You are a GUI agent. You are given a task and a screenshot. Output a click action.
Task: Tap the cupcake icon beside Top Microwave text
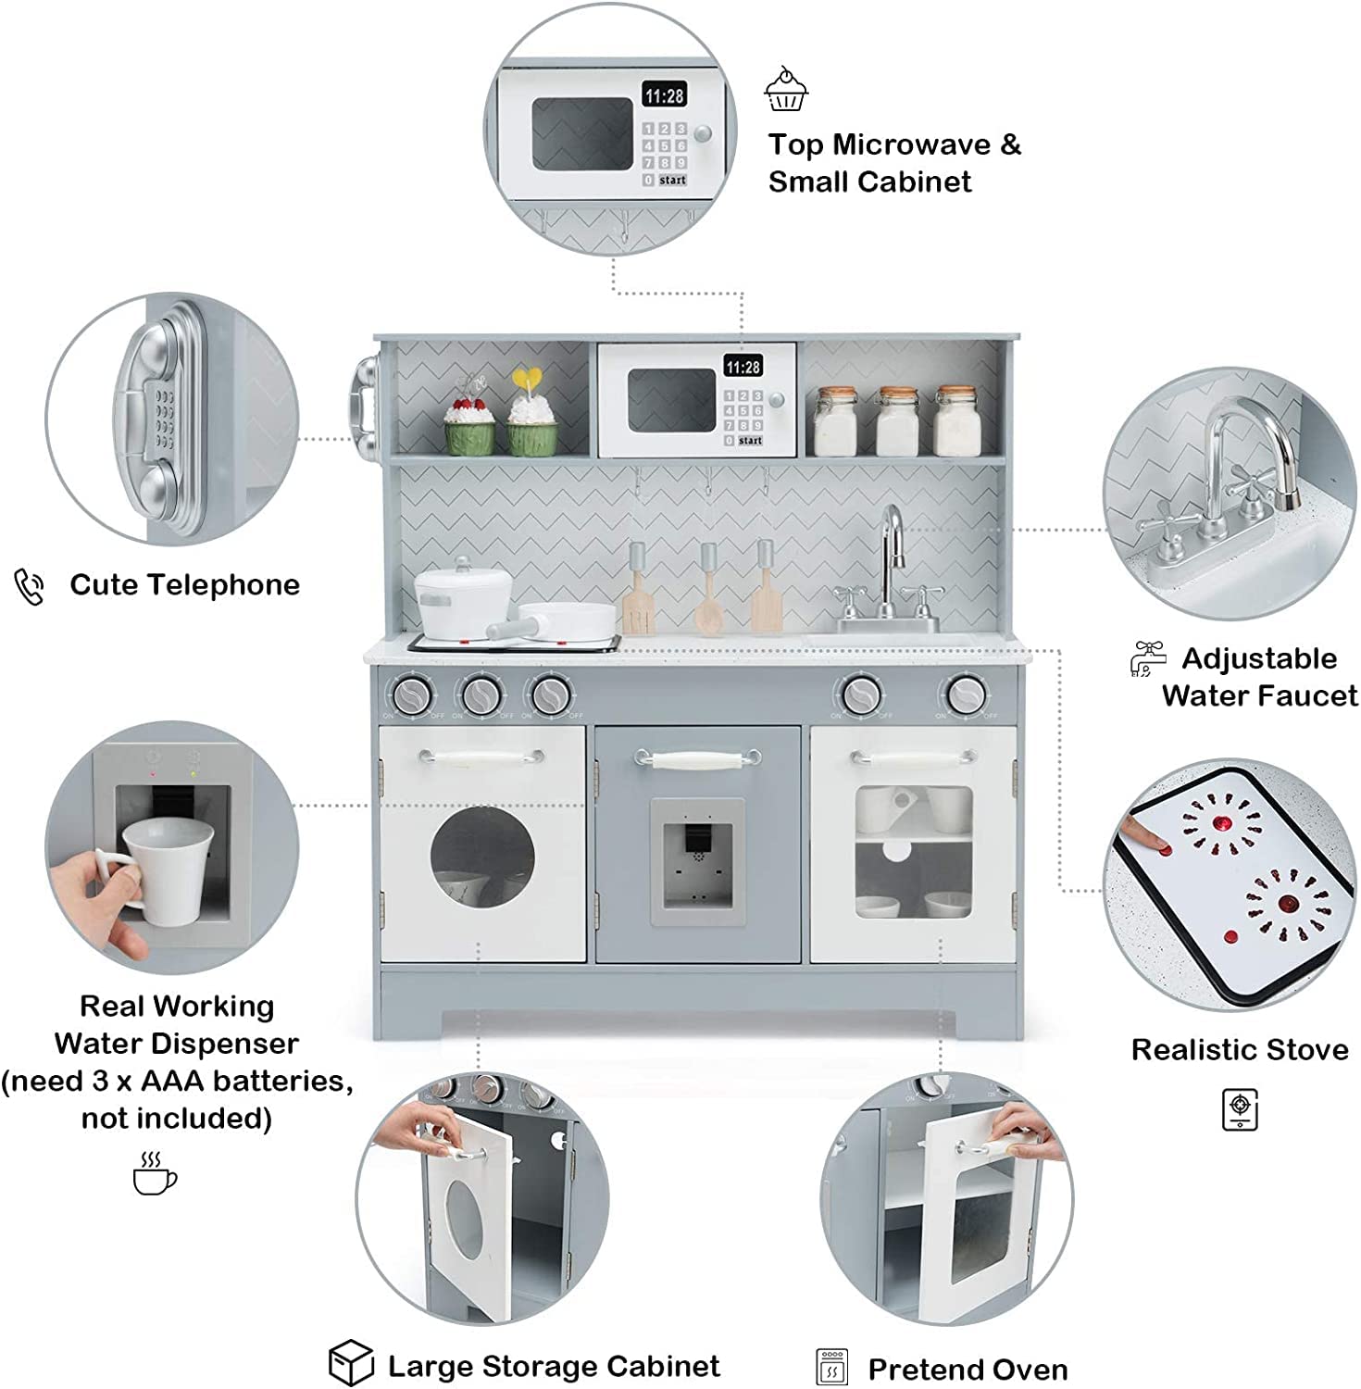click(786, 90)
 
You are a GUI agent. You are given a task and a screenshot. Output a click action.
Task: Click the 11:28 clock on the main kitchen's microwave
click(743, 368)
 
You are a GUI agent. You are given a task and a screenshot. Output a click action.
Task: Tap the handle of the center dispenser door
click(697, 760)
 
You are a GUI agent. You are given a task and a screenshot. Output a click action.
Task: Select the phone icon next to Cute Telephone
click(30, 587)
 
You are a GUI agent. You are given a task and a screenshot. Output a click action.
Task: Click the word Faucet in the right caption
click(1308, 695)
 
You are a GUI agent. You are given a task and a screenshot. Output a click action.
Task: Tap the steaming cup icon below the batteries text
click(154, 1173)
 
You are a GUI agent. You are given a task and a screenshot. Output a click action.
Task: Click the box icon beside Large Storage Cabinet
click(351, 1363)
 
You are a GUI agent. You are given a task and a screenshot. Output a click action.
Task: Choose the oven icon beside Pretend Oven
click(832, 1368)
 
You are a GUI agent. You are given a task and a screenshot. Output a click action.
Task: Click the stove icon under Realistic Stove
click(1240, 1109)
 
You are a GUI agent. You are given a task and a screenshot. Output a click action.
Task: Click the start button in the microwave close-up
click(673, 181)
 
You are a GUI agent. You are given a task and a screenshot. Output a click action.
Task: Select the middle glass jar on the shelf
click(897, 421)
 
